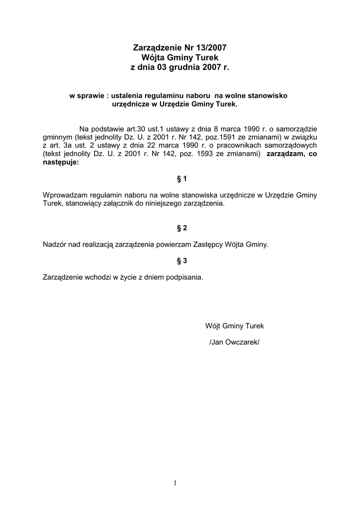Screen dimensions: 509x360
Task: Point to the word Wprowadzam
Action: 64,195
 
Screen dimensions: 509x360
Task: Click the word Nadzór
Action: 56,245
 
